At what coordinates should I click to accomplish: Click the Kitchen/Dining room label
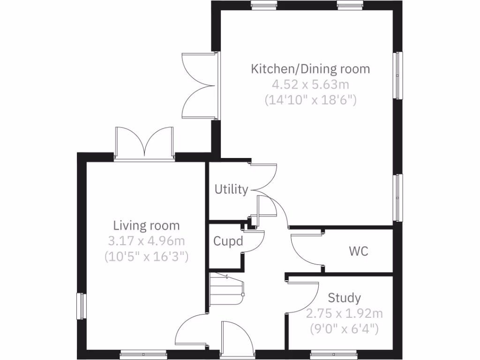[310, 69]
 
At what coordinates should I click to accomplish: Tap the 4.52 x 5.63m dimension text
[310, 84]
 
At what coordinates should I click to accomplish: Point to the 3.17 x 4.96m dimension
[147, 241]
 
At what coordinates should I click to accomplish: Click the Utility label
[231, 189]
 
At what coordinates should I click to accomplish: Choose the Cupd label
[228, 241]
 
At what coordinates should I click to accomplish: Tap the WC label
[358, 251]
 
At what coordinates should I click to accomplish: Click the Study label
[344, 298]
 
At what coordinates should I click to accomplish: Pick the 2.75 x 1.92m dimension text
[344, 313]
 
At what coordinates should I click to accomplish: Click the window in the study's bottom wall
[328, 354]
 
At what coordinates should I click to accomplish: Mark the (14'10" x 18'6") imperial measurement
[310, 99]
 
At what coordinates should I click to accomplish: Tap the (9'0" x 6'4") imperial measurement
[344, 329]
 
